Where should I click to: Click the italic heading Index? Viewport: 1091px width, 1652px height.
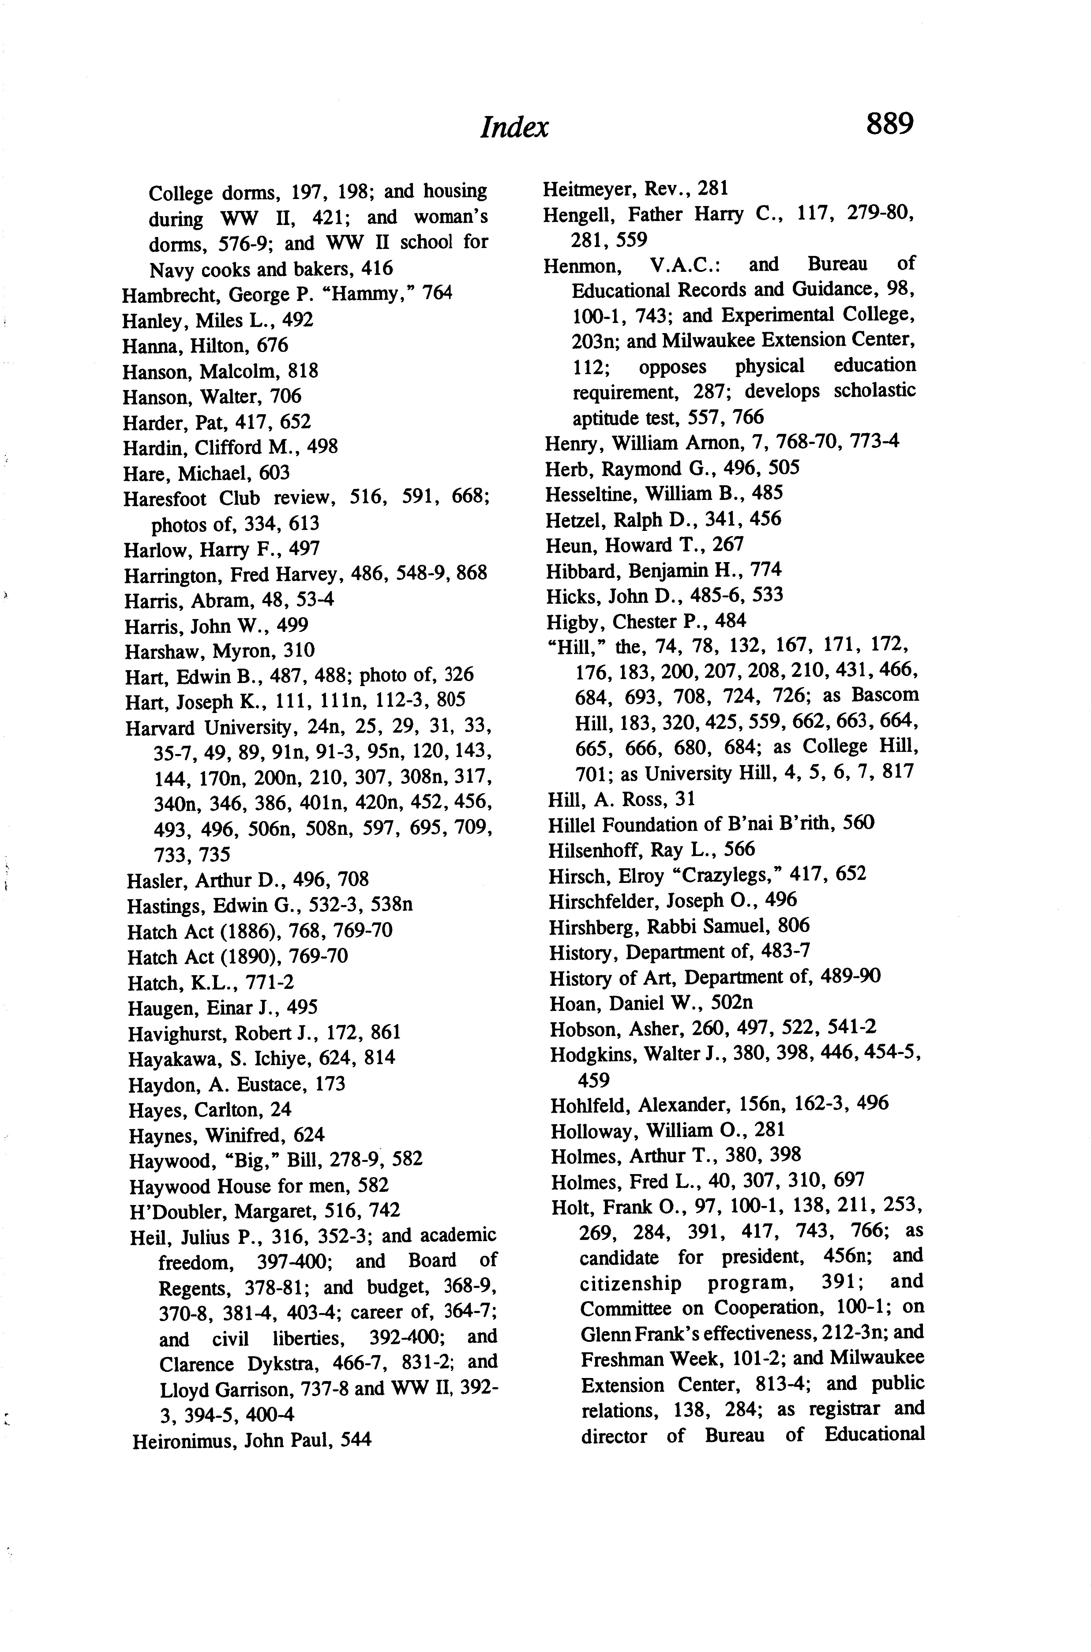coord(514,127)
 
